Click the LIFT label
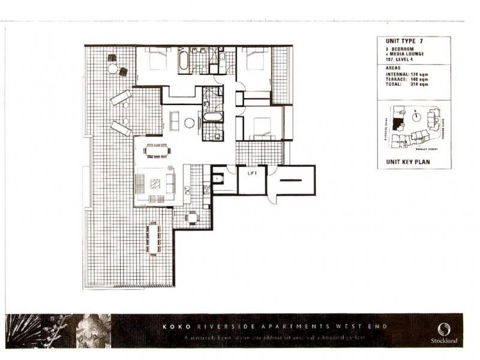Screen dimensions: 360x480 pyautogui.click(x=252, y=175)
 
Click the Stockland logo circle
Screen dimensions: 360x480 pyautogui.click(x=445, y=328)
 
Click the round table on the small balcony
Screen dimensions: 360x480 pyautogui.click(x=191, y=217)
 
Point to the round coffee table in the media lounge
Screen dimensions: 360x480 pyautogui.click(x=189, y=123)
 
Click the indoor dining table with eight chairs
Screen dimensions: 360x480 pyautogui.click(x=157, y=151)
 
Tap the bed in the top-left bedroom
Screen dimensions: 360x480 pyautogui.click(x=157, y=61)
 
